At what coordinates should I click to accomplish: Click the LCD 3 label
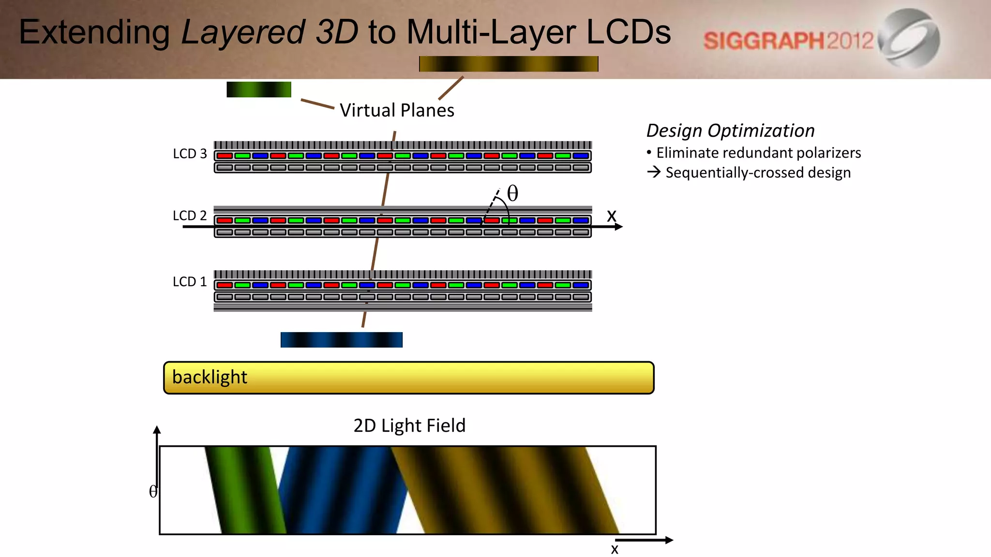pyautogui.click(x=190, y=154)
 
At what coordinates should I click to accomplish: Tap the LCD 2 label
pyautogui.click(x=190, y=216)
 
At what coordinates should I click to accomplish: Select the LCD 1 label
pyautogui.click(x=190, y=281)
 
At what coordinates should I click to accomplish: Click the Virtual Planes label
pyautogui.click(x=397, y=110)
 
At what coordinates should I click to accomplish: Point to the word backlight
pyautogui.click(x=210, y=377)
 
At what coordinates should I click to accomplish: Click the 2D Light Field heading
pyautogui.click(x=409, y=425)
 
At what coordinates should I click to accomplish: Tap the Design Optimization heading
pyautogui.click(x=730, y=131)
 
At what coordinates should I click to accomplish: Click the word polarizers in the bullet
pyautogui.click(x=828, y=153)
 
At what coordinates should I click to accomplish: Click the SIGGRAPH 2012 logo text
pyautogui.click(x=788, y=41)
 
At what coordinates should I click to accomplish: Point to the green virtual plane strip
pyautogui.click(x=259, y=89)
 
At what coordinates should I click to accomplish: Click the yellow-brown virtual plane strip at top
pyautogui.click(x=509, y=64)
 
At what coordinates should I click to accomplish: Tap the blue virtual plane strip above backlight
pyautogui.click(x=342, y=339)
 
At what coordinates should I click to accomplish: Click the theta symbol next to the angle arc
pyautogui.click(x=512, y=193)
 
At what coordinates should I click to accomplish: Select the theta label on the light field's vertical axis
pyautogui.click(x=153, y=491)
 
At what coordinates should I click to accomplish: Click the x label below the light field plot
pyautogui.click(x=615, y=549)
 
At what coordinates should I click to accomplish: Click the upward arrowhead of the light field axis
pyautogui.click(x=157, y=429)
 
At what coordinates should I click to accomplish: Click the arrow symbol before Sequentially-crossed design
pyautogui.click(x=654, y=172)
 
